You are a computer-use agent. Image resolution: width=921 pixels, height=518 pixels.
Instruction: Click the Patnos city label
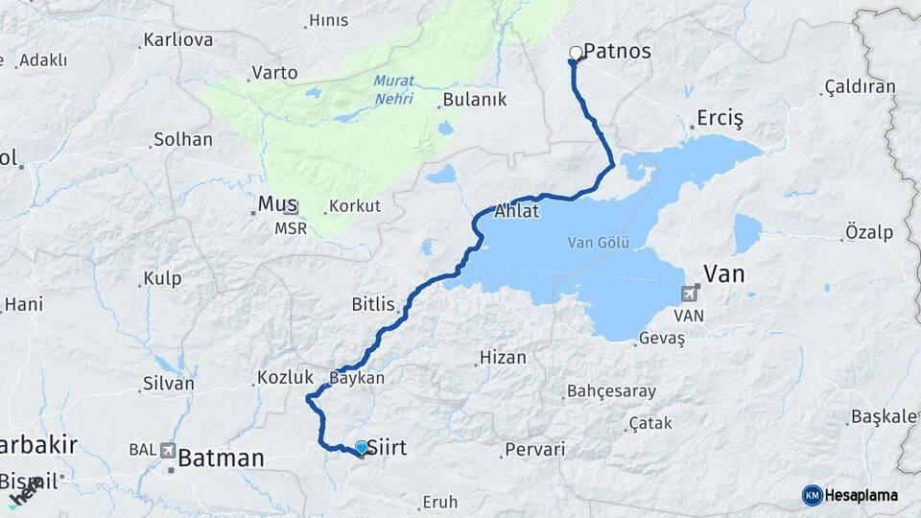pos(618,52)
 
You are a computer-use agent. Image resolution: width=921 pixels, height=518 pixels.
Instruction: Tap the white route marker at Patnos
pos(576,53)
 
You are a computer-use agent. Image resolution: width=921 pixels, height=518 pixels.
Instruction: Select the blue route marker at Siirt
pos(362,447)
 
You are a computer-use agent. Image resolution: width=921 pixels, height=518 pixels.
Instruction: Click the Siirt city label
pos(389,447)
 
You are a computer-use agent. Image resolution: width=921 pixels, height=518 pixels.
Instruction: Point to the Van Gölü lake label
pos(598,242)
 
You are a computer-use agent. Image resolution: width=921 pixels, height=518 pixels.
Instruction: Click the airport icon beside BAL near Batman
pos(169,449)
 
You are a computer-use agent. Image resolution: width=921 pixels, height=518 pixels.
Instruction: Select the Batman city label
pos(221,459)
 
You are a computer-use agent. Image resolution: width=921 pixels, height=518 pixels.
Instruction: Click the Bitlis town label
pos(373,305)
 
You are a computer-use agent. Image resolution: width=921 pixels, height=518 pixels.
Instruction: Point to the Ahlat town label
pos(517,212)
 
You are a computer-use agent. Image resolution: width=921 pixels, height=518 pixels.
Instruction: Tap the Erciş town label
pos(720,119)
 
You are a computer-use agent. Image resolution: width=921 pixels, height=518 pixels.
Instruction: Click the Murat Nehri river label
pos(393,89)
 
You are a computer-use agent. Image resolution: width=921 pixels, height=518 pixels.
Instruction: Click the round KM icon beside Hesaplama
pos(813,495)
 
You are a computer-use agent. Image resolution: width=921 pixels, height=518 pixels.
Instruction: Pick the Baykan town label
pos(357,378)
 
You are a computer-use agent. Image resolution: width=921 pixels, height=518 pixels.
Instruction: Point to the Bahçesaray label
pos(612,391)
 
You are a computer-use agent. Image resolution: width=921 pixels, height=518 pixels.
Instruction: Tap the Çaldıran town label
pos(860,87)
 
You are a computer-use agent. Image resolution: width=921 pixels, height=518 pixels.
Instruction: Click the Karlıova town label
pos(177,40)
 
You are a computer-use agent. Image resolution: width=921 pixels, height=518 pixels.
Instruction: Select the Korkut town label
pos(355,206)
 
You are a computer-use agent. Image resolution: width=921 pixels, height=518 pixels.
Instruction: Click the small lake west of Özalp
pos(747,233)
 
